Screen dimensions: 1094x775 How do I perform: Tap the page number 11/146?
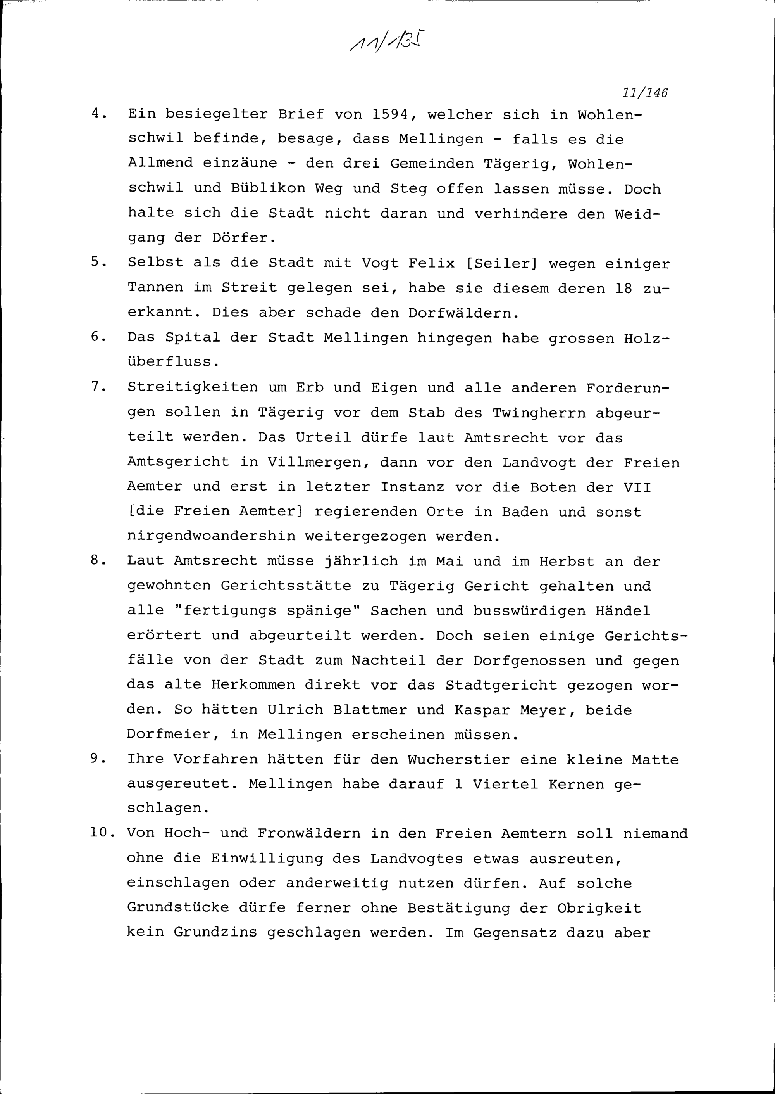pos(645,93)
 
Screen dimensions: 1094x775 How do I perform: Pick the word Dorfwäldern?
pos(463,313)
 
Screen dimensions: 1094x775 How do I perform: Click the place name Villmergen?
pos(318,462)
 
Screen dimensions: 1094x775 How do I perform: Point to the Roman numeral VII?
pos(637,487)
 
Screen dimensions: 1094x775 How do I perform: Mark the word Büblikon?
pos(268,188)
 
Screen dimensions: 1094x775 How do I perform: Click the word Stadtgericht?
pos(501,685)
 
